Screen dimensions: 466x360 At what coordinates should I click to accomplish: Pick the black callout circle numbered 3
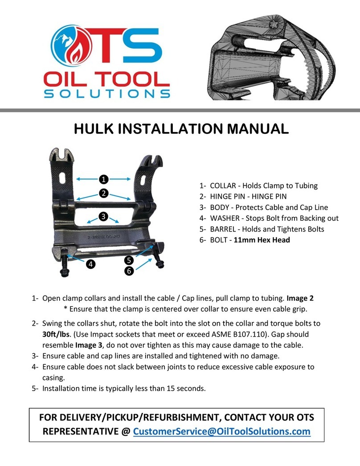pyautogui.click(x=103, y=216)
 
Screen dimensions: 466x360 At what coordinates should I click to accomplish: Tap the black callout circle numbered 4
pyautogui.click(x=91, y=264)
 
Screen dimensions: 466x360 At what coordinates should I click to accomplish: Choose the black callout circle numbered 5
pyautogui.click(x=129, y=260)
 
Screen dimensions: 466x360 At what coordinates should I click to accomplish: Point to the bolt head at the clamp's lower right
pyautogui.click(x=159, y=264)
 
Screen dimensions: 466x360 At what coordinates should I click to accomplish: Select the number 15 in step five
pyautogui.click(x=168, y=388)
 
